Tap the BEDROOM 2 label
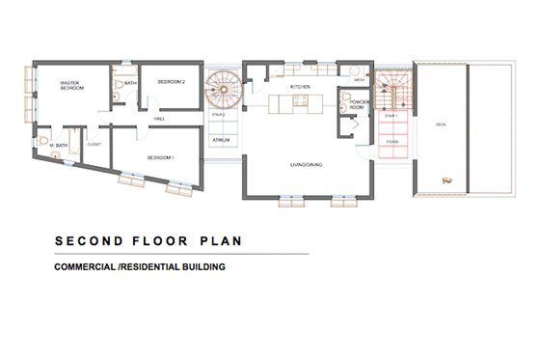coord(173,83)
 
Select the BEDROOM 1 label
coord(160,155)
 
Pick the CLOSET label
coord(94,144)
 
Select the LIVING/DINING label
coord(306,165)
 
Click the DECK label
coord(441,125)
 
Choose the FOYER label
coord(391,142)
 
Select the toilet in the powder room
coord(344,96)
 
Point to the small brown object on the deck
coord(445,179)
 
